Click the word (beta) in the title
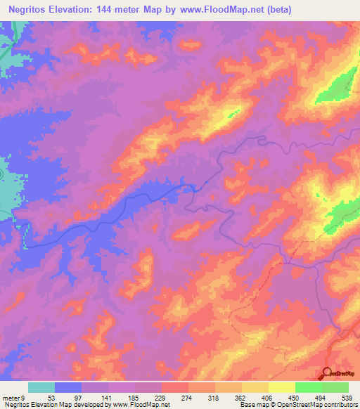tap(274, 9)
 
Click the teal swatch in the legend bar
tap(41, 387)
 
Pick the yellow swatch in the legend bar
tap(282, 387)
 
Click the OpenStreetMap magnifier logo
tap(328, 372)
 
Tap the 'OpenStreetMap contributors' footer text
tap(309, 405)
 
